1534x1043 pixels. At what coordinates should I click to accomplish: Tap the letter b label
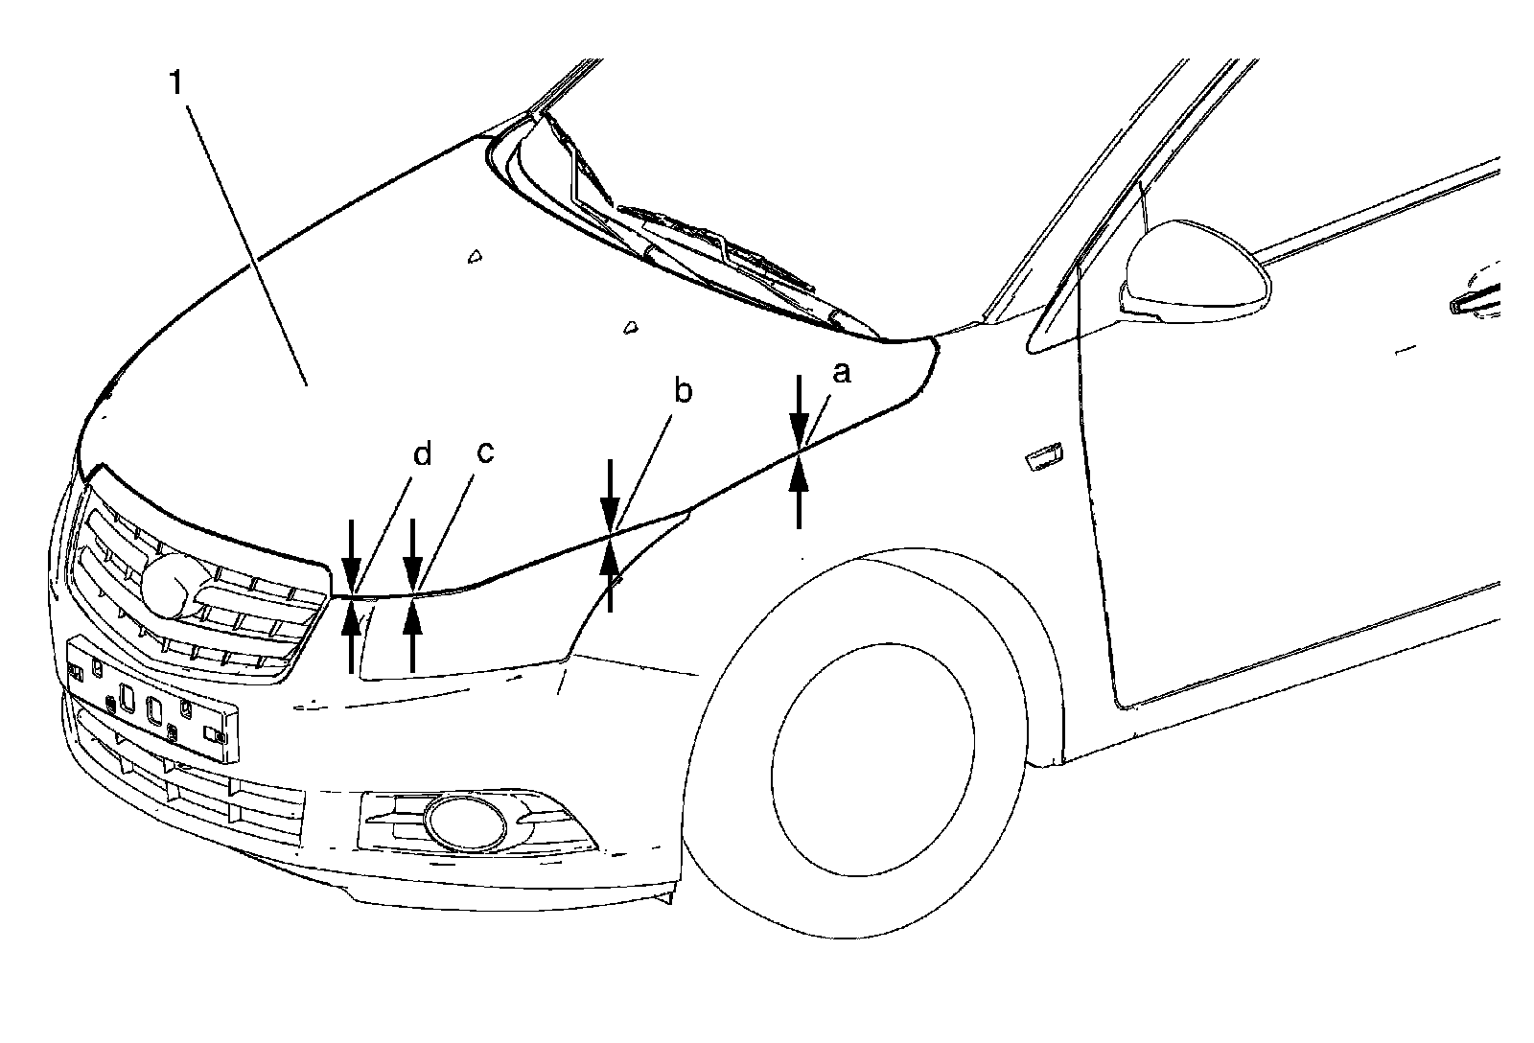click(x=683, y=392)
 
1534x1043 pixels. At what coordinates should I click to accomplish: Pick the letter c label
click(x=484, y=452)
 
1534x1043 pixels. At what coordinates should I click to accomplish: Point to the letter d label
click(x=423, y=454)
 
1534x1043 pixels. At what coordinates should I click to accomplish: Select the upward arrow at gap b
click(x=610, y=575)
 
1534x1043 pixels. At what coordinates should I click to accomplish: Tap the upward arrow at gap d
click(x=352, y=637)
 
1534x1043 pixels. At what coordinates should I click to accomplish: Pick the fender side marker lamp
click(x=1042, y=458)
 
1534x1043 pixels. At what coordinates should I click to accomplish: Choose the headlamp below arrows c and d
click(x=460, y=633)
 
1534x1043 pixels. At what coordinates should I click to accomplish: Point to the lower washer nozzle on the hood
click(x=630, y=327)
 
